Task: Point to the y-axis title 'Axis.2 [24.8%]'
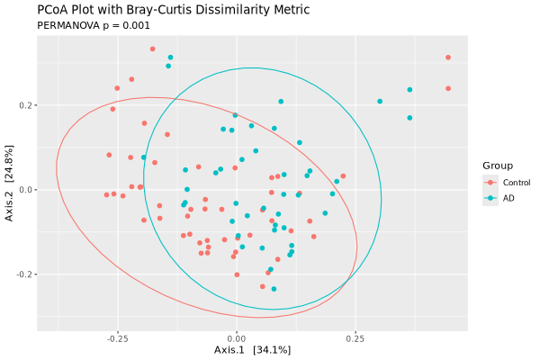tap(10, 190)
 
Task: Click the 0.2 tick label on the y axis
tap(26, 105)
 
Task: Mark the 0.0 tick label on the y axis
tap(26, 190)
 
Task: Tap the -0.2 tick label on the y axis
tap(24, 274)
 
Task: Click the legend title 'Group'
tap(497, 166)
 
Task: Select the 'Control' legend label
tap(517, 183)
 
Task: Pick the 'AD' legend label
tap(508, 198)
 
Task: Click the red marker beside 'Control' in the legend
tap(490, 183)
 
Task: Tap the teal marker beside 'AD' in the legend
tap(490, 198)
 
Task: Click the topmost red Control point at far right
tap(447, 58)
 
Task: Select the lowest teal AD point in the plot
tap(274, 289)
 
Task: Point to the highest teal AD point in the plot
tap(170, 58)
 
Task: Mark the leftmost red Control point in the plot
tap(106, 194)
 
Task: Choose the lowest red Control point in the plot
tap(263, 287)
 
